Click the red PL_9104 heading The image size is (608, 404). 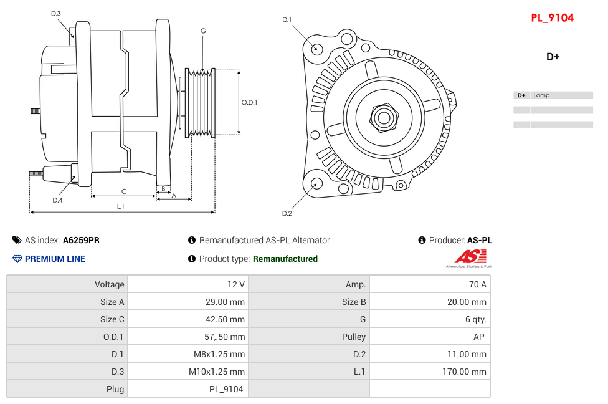[x=552, y=18]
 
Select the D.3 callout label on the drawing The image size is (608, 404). [x=56, y=13]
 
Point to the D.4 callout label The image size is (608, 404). [x=57, y=200]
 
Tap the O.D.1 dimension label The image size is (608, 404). [x=249, y=103]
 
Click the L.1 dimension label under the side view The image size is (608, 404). [x=121, y=206]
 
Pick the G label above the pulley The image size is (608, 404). [x=203, y=31]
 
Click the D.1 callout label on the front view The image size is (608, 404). [x=287, y=20]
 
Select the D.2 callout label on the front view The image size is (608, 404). [x=287, y=214]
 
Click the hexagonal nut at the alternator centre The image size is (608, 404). [x=384, y=117]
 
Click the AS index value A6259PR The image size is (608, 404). [x=81, y=240]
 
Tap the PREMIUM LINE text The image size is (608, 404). [x=55, y=259]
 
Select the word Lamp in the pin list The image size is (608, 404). [x=541, y=95]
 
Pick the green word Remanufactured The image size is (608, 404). [x=285, y=259]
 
